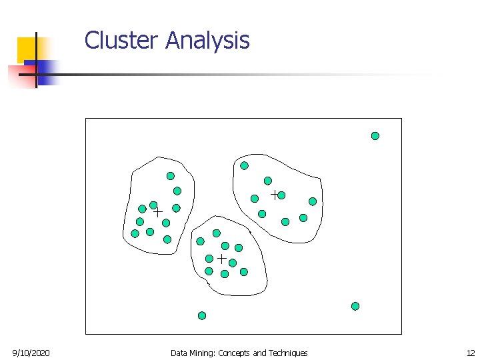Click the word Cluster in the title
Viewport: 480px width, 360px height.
tap(122, 41)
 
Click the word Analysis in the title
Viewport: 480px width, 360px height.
tap(207, 41)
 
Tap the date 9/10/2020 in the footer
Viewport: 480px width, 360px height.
tap(31, 353)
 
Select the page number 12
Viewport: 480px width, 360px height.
tap(471, 353)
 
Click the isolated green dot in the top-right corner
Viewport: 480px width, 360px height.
tap(375, 136)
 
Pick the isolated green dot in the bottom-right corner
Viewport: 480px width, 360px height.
tap(355, 306)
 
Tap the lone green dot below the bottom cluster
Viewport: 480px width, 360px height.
tap(202, 315)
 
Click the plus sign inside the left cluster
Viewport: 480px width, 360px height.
tap(158, 212)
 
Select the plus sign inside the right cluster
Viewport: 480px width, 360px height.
tap(274, 195)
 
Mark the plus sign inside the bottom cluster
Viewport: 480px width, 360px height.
tap(221, 258)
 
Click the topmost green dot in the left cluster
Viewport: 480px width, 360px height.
tap(171, 176)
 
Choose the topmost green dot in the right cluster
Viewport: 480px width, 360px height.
tap(245, 165)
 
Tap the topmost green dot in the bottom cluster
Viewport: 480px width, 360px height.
tap(217, 233)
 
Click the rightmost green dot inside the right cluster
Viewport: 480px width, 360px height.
tap(313, 201)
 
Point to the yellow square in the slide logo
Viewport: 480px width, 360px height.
tap(28, 49)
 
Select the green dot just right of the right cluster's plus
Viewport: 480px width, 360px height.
tap(281, 195)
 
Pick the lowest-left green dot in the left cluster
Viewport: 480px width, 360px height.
tap(135, 233)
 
